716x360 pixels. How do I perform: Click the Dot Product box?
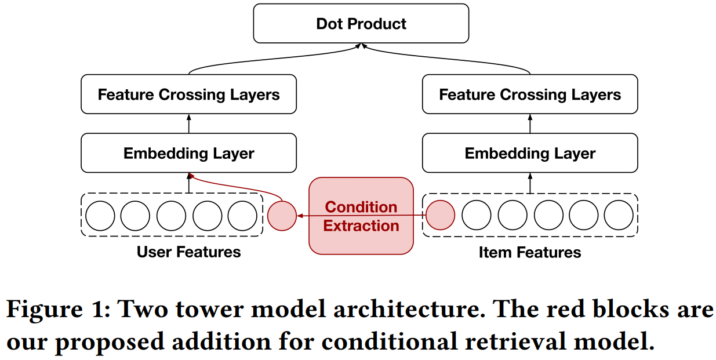click(361, 24)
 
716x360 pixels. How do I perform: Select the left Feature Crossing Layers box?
click(188, 94)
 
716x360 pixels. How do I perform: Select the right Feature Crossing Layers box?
click(530, 94)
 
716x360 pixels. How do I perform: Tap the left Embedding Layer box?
click(188, 153)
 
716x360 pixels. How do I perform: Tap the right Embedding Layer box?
click(530, 153)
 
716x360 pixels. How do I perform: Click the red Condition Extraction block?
click(361, 216)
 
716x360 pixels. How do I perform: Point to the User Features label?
click(188, 252)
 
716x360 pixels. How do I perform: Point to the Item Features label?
click(530, 253)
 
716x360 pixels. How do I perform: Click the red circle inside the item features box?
click(441, 216)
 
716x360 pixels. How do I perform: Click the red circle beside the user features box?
click(282, 216)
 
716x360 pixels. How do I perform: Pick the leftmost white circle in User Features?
click(100, 216)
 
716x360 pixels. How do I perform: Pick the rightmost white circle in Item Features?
click(619, 216)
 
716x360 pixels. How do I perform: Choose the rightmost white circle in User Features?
click(242, 216)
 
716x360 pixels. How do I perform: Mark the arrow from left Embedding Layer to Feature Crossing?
click(188, 123)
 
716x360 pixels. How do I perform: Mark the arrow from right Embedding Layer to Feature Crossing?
click(530, 123)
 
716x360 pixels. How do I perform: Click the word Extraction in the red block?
click(361, 226)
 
